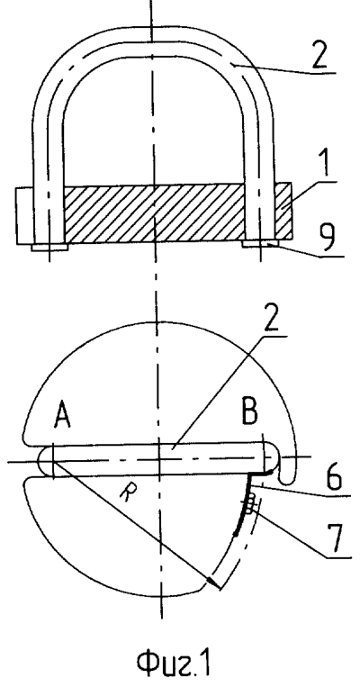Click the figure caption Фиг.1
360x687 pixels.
pos(173,663)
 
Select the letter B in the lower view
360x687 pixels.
pos(249,411)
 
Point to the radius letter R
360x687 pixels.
pos(127,494)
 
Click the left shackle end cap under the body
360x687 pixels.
pos(49,248)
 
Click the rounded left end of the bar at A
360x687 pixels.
pos(45,461)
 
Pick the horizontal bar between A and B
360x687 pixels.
pos(158,460)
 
